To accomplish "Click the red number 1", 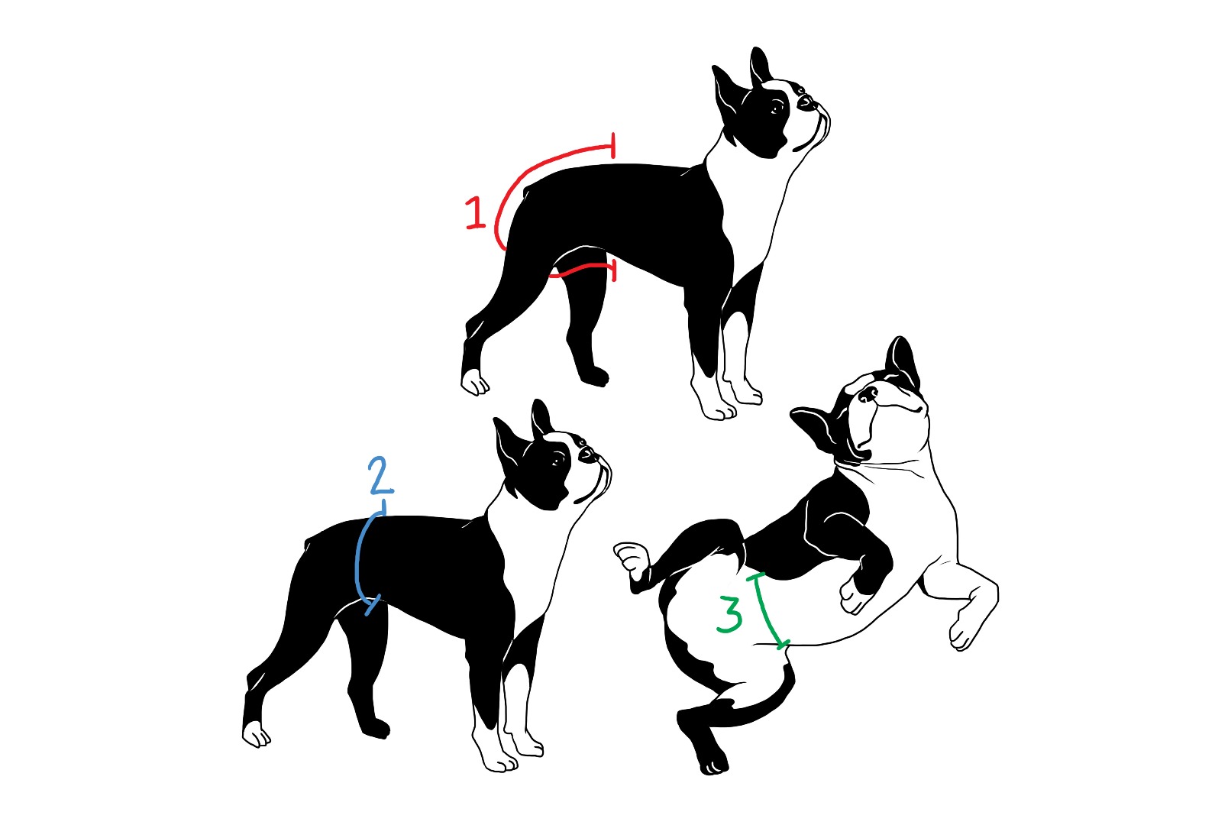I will (475, 213).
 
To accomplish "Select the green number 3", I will (730, 614).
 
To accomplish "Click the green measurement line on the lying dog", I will (767, 611).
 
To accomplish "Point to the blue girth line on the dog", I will (357, 561).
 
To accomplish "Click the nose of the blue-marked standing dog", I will (586, 454).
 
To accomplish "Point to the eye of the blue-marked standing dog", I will (557, 461).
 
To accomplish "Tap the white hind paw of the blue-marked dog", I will (256, 734).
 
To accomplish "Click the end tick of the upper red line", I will (613, 145).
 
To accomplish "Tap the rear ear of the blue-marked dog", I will (507, 447).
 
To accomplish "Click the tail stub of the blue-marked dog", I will (309, 543).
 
